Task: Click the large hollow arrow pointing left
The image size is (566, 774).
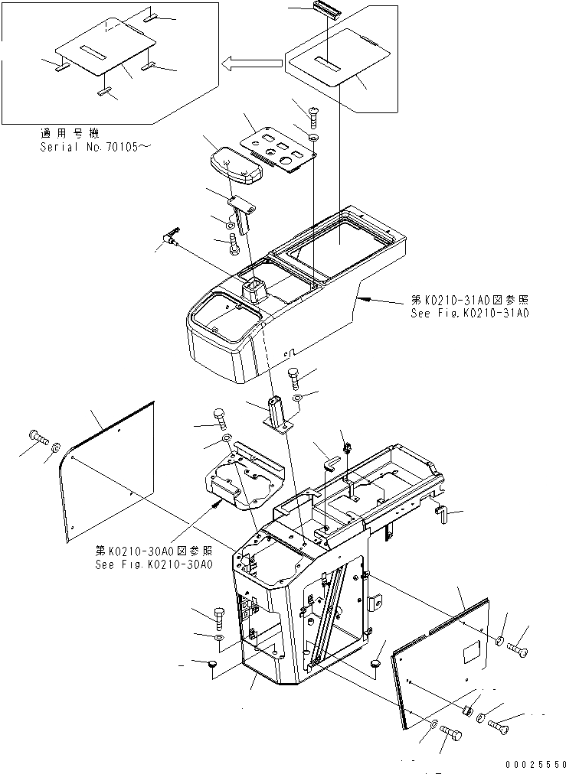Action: point(251,64)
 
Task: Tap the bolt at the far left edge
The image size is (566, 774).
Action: point(38,437)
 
